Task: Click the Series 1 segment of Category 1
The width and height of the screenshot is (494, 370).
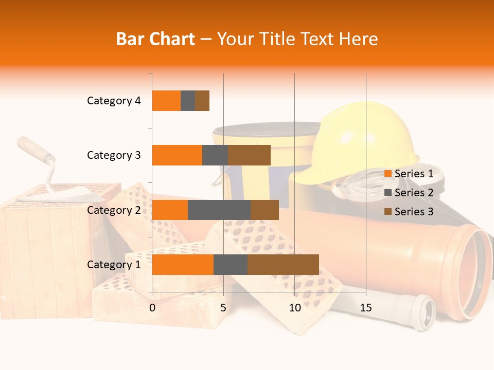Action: (183, 265)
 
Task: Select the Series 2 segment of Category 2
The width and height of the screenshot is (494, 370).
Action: (219, 210)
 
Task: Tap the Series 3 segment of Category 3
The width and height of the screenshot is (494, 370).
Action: (249, 155)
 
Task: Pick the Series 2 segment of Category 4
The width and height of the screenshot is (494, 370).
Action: (188, 101)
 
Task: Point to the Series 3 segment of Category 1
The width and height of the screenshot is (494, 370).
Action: (283, 265)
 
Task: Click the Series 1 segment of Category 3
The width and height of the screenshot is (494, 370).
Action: (177, 155)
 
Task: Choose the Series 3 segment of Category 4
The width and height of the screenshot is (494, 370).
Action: (202, 101)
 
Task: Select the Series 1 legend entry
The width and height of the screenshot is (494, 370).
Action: (409, 174)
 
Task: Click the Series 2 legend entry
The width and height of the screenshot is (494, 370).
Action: (409, 193)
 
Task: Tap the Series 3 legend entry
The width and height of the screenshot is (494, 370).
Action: (409, 212)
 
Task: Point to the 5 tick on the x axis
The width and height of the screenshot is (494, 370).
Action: (223, 308)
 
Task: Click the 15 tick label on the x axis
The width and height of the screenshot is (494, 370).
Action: (366, 308)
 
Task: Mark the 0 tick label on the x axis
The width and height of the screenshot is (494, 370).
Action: (152, 308)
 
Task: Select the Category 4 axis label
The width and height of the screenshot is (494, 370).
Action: (114, 101)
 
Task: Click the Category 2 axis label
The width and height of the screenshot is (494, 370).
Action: (114, 210)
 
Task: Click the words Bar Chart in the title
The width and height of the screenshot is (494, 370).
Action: (155, 39)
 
